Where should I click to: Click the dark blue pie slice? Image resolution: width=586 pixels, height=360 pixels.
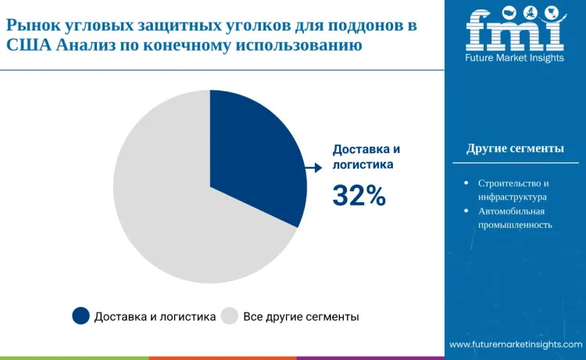click(258, 156)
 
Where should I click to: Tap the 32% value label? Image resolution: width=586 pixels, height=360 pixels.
click(359, 196)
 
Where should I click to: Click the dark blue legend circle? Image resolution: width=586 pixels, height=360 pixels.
click(80, 316)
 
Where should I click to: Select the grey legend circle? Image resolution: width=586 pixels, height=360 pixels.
click(229, 316)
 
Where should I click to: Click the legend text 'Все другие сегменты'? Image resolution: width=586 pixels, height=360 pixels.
click(301, 317)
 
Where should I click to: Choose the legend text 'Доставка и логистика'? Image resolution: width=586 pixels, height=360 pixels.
click(155, 317)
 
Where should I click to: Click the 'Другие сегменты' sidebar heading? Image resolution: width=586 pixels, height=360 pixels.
click(515, 148)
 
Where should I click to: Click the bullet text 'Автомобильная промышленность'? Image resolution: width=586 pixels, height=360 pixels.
click(515, 218)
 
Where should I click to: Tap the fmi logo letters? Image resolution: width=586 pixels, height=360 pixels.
click(515, 30)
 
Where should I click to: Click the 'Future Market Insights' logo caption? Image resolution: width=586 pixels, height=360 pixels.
click(515, 59)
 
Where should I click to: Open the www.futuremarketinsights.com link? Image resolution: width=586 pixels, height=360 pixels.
click(516, 344)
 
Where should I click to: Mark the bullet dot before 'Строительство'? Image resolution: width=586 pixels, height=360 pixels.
click(466, 183)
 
